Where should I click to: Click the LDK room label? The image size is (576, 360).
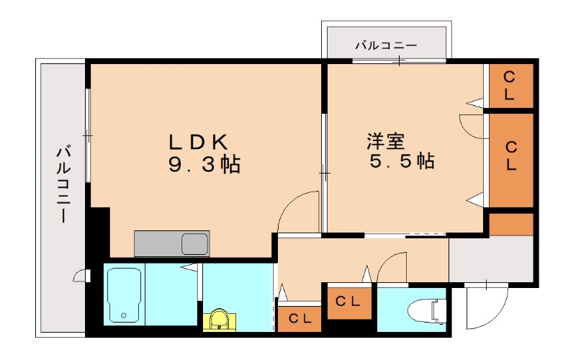[x=199, y=142]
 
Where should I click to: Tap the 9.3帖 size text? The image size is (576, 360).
[x=204, y=164]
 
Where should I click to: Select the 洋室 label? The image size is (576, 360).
[x=385, y=141]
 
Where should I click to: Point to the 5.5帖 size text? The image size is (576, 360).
[x=402, y=161]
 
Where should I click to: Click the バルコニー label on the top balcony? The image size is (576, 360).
[x=386, y=45]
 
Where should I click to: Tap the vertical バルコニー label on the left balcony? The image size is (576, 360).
[x=63, y=184]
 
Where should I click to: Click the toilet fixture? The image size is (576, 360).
[x=428, y=312]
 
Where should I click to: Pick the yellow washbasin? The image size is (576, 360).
[x=220, y=319]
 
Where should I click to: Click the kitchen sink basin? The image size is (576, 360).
[x=194, y=244]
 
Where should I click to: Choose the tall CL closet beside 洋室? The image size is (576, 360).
[x=511, y=160]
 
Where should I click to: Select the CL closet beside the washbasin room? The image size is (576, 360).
[x=300, y=318]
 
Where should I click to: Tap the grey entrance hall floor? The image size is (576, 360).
[x=491, y=259]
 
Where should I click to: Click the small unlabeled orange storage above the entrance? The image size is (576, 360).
[x=511, y=224]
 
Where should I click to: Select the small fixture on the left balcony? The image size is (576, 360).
[x=81, y=276]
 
